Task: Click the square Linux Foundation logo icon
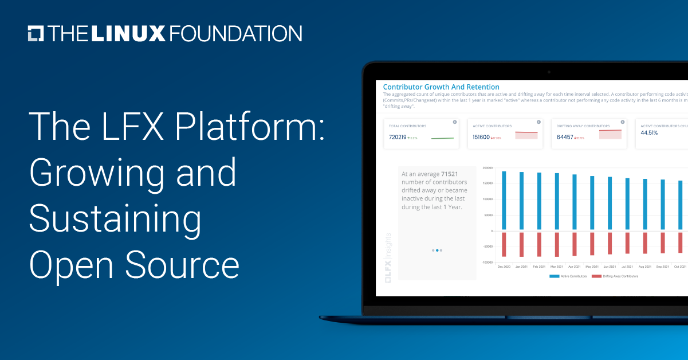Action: coord(36,33)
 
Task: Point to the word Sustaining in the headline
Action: coord(115,220)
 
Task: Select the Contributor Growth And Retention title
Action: coord(441,87)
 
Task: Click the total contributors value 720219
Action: coord(398,137)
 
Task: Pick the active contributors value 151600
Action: coord(481,137)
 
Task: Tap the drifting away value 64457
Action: coord(565,137)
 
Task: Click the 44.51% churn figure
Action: coord(649,132)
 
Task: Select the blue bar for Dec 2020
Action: coord(504,201)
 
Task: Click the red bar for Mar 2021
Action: coord(556,244)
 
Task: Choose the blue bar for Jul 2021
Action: coord(627,204)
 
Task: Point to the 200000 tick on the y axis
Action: coord(488,168)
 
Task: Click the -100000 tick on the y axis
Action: coord(487,263)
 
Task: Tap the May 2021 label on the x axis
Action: coord(592,267)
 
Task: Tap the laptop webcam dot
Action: coord(548,72)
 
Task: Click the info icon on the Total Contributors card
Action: coord(454,122)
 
